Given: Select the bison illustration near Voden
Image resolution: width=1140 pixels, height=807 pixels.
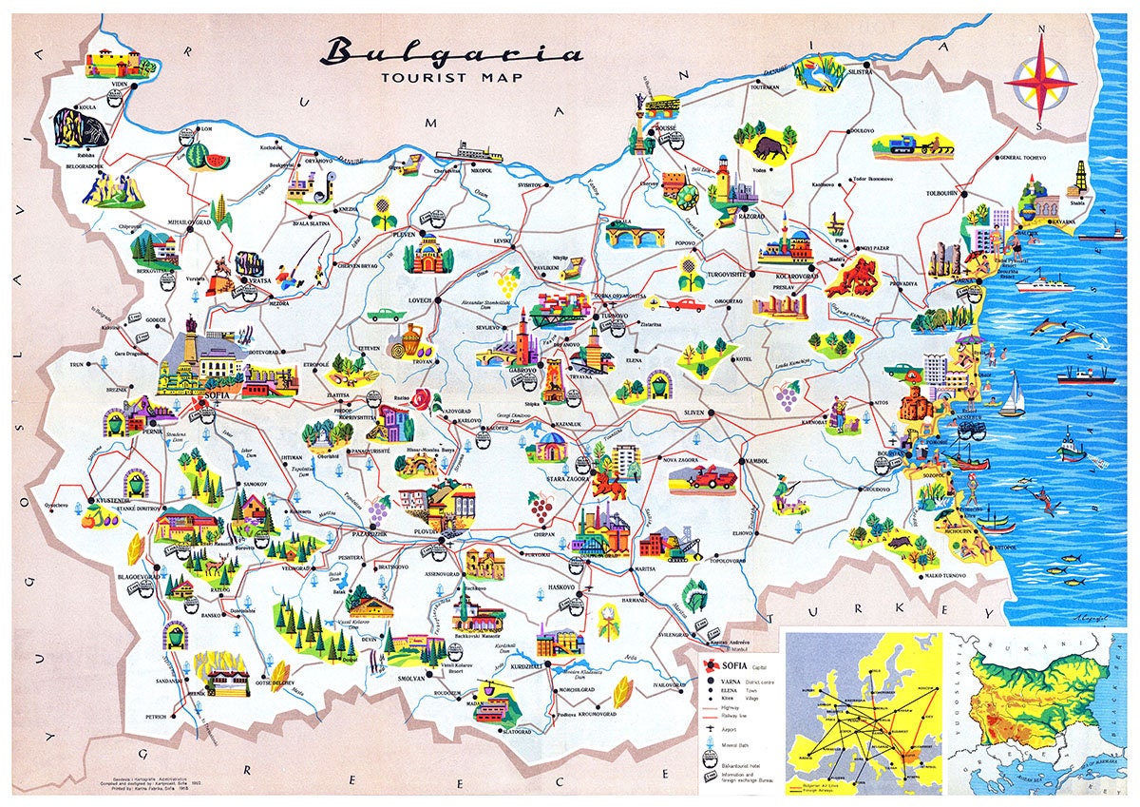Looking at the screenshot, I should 771,147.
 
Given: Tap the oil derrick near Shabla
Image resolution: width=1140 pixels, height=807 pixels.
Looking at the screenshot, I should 1079,178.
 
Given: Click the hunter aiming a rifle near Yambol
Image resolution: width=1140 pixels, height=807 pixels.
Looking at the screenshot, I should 785,490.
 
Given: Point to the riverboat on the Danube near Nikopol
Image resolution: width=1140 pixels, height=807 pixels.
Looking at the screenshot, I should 466,152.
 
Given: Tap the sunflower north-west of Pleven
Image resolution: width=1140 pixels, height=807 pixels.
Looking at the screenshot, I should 383,209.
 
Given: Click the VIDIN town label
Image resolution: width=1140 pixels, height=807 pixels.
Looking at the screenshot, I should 120,86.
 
